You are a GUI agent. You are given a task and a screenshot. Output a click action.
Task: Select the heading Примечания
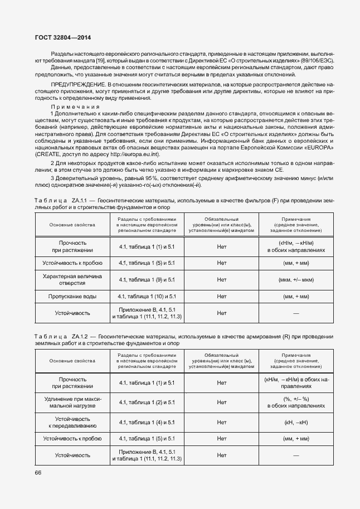coord(75,106)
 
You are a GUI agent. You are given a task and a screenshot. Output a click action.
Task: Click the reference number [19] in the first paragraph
coord(100,59)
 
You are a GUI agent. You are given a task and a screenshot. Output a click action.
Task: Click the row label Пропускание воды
coord(72,297)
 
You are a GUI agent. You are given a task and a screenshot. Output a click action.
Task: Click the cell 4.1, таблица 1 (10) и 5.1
coord(147,297)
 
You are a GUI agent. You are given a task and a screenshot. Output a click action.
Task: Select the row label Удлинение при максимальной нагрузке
coord(72,402)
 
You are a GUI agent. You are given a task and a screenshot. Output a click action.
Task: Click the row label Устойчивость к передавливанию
coord(72,422)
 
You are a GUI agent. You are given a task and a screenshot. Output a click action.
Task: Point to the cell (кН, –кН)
coord(296,422)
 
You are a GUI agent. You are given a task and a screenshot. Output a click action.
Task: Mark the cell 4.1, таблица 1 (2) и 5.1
coord(147,402)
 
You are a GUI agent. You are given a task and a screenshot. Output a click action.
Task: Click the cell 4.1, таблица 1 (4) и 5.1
coord(147,422)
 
